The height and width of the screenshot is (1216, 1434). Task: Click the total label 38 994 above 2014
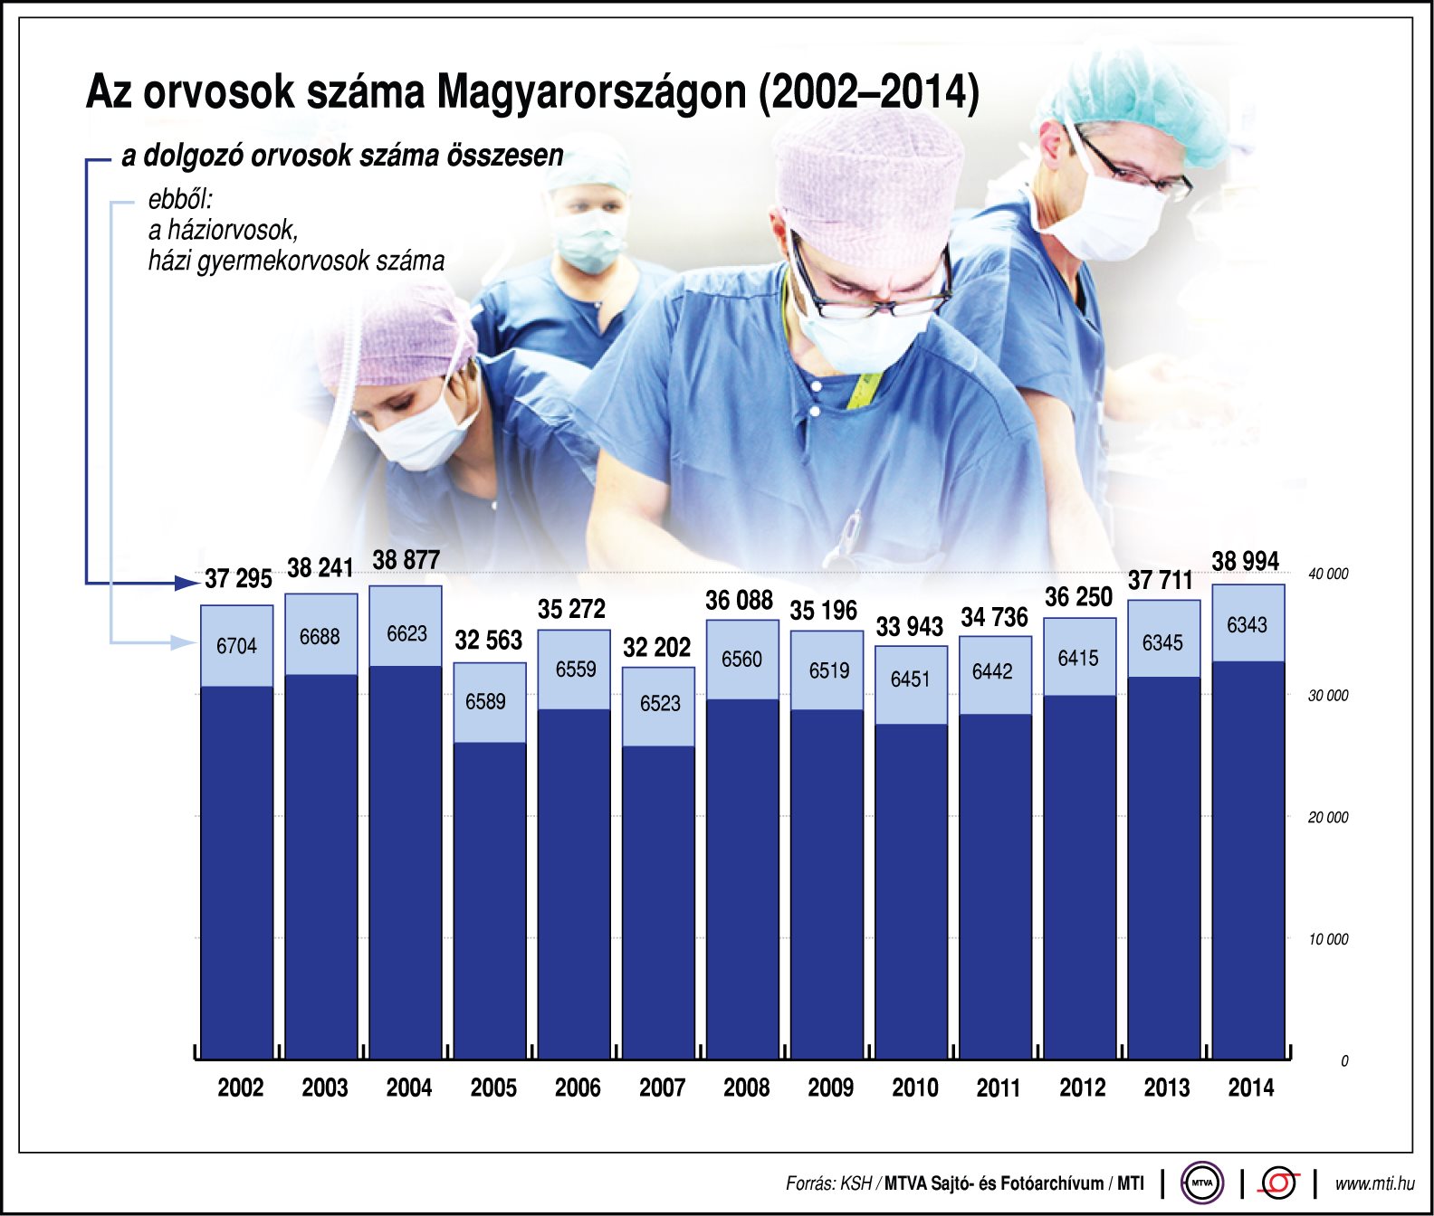click(x=1245, y=562)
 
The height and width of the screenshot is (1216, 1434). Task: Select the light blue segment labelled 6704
click(x=236, y=645)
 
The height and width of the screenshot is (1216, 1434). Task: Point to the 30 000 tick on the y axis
click(x=1327, y=696)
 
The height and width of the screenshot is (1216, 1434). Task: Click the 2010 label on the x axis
click(x=914, y=1088)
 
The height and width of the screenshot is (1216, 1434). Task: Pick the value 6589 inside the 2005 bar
click(x=485, y=702)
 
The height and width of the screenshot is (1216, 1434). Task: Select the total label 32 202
click(x=656, y=648)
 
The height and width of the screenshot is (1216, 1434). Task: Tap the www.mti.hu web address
click(x=1374, y=1183)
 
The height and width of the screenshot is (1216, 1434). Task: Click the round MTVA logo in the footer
click(x=1202, y=1183)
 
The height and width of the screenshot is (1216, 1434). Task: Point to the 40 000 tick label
click(x=1327, y=575)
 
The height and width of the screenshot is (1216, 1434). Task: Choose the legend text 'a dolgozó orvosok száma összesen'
click(x=342, y=156)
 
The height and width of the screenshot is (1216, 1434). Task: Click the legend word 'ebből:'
click(x=180, y=199)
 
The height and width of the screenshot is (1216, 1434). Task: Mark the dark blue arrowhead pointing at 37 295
click(x=187, y=583)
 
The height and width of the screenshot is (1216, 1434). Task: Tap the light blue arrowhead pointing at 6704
click(x=185, y=642)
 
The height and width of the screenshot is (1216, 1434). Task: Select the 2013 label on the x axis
click(x=1166, y=1088)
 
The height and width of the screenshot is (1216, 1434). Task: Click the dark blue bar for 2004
click(x=406, y=860)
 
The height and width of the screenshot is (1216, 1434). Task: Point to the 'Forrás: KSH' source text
click(x=828, y=1183)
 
